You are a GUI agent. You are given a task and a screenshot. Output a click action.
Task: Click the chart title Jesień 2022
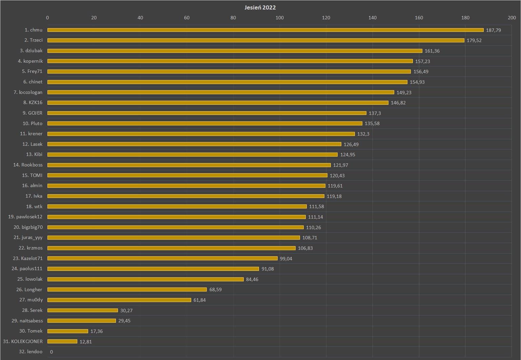coord(260,7)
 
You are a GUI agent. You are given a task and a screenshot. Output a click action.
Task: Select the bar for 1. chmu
coord(265,30)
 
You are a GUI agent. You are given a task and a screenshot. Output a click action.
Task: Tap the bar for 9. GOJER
coord(207,113)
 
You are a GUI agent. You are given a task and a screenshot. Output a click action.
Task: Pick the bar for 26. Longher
coord(127,289)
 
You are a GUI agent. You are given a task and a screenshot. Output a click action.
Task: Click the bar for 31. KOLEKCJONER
coord(62,341)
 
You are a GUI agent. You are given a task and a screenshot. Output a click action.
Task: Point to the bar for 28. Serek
coord(83,311)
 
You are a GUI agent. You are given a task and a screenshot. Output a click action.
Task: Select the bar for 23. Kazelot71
coord(162,258)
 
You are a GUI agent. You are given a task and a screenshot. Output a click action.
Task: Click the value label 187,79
coord(493,30)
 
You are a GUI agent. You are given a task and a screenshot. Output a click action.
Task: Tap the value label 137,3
coord(375,113)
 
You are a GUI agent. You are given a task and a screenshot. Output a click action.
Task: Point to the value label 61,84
coord(199,300)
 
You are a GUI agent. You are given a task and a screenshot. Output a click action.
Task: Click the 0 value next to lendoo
coord(52,352)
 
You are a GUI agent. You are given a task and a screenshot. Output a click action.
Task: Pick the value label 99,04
coord(286,259)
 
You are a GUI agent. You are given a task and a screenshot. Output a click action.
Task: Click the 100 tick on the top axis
coord(279,18)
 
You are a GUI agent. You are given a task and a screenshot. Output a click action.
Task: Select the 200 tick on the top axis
coord(512,18)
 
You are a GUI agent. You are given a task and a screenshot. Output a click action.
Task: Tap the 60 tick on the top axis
coord(187,18)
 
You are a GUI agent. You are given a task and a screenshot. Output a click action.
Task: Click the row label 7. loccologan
coord(28,92)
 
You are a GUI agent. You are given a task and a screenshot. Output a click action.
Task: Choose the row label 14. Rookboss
coord(28,165)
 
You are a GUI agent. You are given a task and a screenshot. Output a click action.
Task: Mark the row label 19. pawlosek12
coord(25,217)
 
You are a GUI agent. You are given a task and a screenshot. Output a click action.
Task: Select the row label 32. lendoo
coord(31,352)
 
